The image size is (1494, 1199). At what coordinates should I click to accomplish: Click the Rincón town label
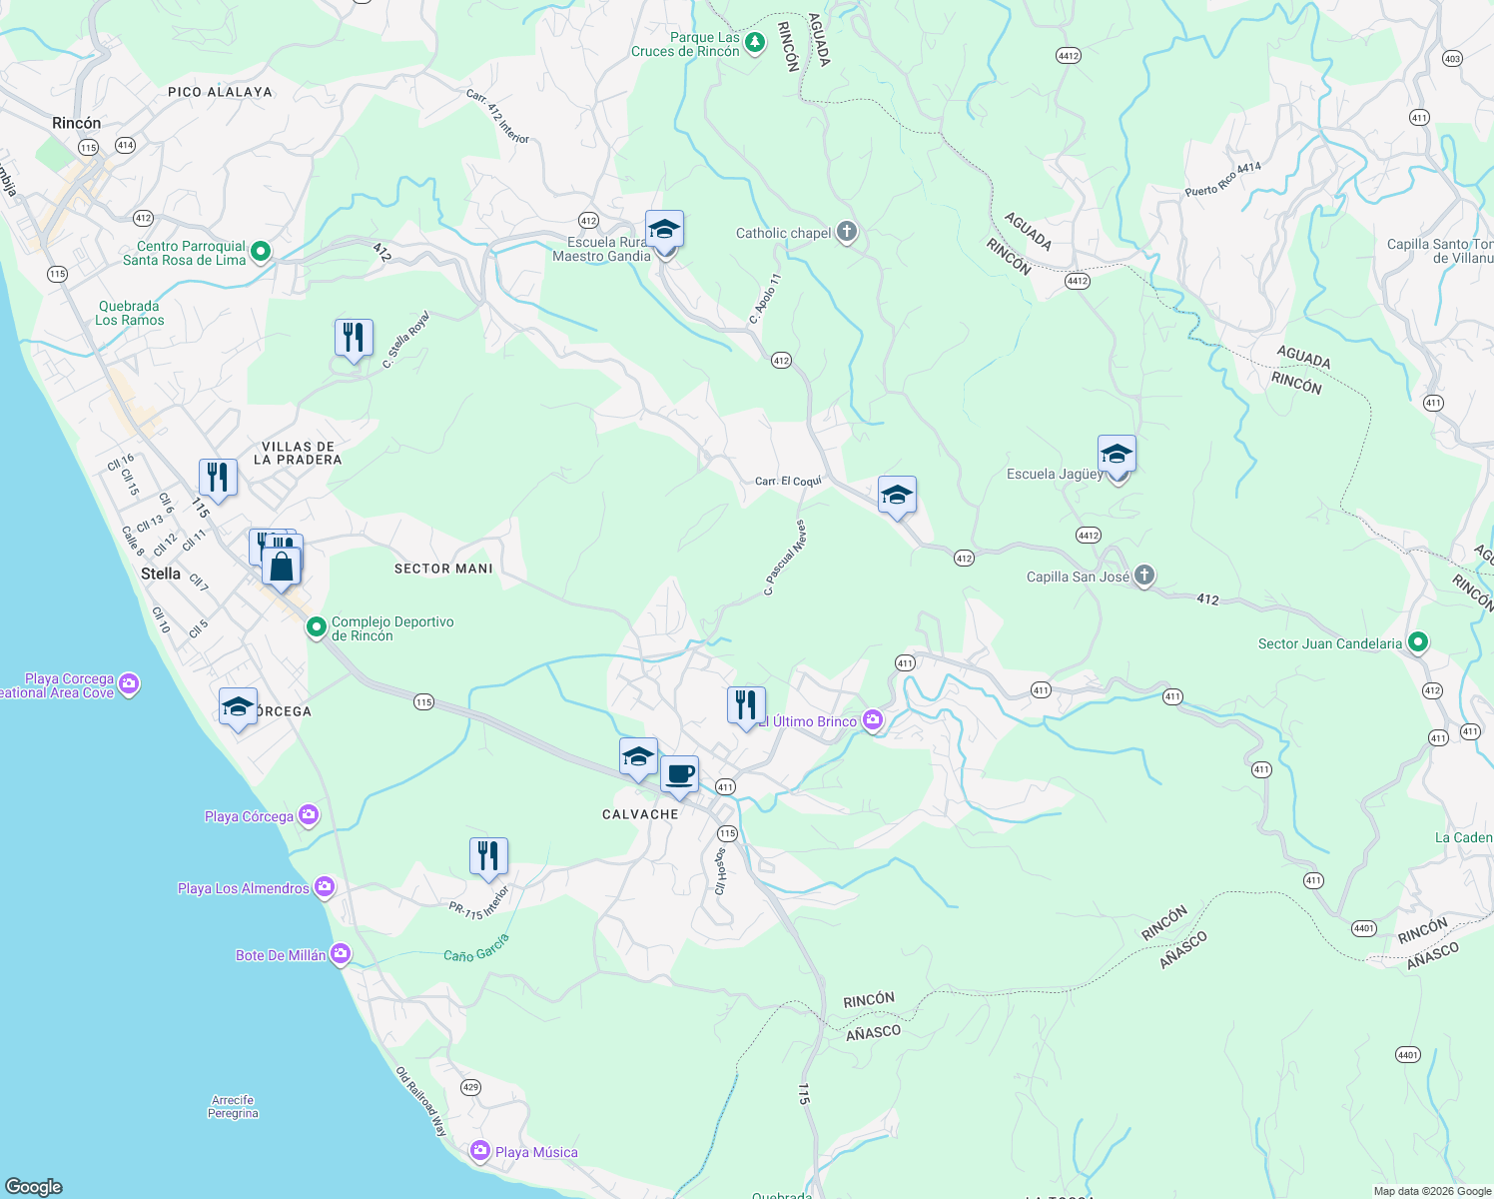pos(77,123)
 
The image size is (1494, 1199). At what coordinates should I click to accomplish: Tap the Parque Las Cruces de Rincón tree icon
pos(756,42)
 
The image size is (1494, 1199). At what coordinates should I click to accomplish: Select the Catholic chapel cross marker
pos(847,233)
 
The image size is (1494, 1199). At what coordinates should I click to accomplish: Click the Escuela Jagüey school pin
pos(1117,456)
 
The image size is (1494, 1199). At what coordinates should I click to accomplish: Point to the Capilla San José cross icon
pos(1144,576)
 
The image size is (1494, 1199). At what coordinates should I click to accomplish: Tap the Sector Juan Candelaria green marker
pos(1418,642)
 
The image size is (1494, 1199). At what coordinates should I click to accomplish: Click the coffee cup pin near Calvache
pos(679,774)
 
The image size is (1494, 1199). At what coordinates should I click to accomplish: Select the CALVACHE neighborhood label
pos(640,814)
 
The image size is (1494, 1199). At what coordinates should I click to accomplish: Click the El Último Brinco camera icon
pos(874,720)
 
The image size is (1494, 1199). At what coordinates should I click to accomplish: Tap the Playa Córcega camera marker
pos(309,815)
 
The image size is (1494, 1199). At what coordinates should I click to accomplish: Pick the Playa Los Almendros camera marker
pos(324,887)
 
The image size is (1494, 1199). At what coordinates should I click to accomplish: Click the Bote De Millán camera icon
pos(341,954)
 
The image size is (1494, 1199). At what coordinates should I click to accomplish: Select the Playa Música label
pos(536,1152)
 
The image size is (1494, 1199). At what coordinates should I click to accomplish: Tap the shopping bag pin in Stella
pos(282,567)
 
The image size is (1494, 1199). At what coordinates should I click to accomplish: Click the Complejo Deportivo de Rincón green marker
pos(316,627)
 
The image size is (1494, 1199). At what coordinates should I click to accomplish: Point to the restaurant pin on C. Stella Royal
pos(354,339)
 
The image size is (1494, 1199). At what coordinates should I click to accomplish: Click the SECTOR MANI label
pos(443,569)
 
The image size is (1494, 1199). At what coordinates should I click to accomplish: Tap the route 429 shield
pos(470,1086)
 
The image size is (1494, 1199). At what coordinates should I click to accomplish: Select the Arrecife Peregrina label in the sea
pos(233,1106)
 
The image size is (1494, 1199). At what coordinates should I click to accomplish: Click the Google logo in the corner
pos(34,1186)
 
